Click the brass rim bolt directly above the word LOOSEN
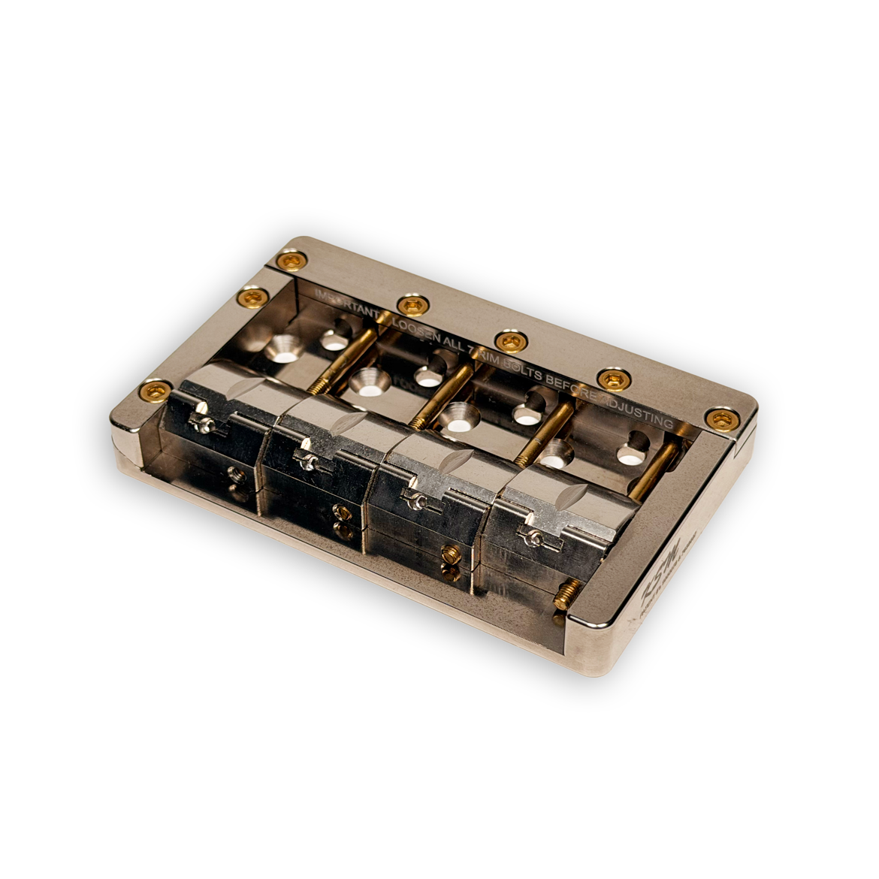pyautogui.click(x=412, y=304)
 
